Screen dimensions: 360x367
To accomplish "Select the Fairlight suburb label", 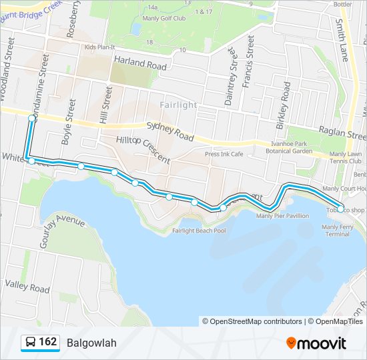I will (179, 105).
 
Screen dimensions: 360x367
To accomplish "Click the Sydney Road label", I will (169, 131).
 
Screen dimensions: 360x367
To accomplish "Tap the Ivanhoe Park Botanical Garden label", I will (292, 147).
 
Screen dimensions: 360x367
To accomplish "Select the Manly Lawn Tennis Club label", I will (346, 158).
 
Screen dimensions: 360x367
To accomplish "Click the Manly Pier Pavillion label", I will (283, 215).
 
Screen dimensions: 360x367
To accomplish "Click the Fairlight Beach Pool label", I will (199, 231).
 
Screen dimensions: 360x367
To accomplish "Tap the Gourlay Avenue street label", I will (62, 231).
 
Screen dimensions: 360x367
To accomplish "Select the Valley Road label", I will (27, 287).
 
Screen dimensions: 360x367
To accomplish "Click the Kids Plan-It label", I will (100, 47).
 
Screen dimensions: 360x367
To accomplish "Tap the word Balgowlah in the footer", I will (91, 343).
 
